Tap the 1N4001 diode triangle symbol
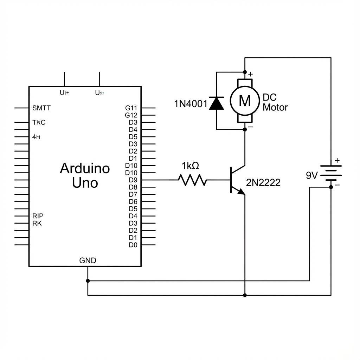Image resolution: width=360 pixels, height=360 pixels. coord(216,103)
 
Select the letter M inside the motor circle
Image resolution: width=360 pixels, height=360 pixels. coord(245,101)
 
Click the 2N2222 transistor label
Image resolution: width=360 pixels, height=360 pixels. coord(263,182)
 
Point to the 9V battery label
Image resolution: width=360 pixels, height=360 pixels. coord(311,175)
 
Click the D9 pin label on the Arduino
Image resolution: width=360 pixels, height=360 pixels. coord(133,180)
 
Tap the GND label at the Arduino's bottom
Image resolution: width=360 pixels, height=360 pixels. coord(88,261)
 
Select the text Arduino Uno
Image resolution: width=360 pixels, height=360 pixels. coord(85,175)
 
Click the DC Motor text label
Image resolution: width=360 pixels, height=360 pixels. coord(275,102)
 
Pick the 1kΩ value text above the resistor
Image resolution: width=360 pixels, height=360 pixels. coord(191,165)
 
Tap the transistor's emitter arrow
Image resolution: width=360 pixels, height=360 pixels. coord(241,191)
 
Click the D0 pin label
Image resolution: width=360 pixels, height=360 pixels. coord(133,245)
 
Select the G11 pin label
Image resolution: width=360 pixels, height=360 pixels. coord(131,108)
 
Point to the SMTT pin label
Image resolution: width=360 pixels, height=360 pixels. coord(41,108)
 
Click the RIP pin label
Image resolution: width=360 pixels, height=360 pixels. coord(38,216)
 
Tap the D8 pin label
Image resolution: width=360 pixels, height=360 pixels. coord(133,187)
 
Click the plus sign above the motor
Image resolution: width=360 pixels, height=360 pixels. coord(250,74)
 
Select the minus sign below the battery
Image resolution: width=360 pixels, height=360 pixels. coord(337,184)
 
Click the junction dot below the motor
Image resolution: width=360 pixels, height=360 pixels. coord(245,129)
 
